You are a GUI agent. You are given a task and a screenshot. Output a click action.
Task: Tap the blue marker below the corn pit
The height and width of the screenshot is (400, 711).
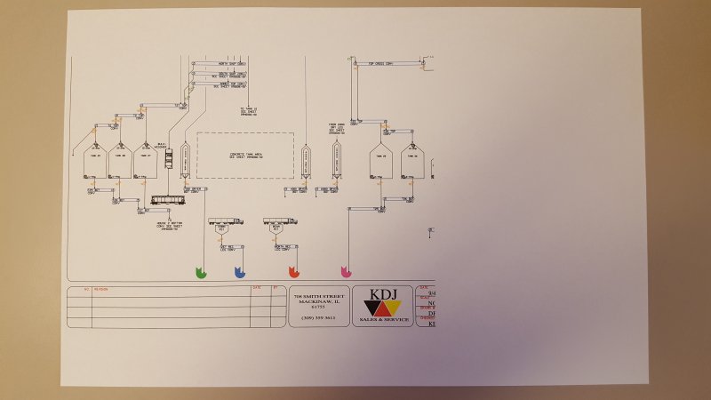(239, 271)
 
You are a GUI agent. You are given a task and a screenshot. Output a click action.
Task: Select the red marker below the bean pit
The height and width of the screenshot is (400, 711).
(294, 271)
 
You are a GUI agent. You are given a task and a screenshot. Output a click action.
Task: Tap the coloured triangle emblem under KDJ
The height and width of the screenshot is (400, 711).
(383, 308)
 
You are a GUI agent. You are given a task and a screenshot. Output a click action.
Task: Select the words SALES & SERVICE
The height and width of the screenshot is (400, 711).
(383, 319)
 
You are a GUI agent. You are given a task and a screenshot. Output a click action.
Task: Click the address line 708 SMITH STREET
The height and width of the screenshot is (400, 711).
(318, 294)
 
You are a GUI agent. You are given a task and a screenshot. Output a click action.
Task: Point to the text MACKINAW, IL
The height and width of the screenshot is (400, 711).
(318, 300)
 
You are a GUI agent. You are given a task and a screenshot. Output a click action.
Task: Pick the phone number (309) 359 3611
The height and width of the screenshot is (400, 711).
(318, 317)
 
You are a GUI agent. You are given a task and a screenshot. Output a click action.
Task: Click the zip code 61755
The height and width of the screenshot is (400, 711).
(318, 306)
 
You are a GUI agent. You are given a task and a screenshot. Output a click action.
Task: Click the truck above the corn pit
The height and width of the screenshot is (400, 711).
(224, 220)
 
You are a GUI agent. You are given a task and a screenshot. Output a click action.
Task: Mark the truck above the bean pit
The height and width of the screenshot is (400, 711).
(280, 220)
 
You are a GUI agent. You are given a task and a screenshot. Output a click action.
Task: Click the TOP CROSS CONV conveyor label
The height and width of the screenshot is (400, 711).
(379, 63)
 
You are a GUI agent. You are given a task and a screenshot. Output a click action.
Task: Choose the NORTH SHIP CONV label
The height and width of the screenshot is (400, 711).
(231, 64)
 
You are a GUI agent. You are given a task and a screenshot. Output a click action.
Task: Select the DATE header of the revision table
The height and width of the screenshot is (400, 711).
(256, 288)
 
